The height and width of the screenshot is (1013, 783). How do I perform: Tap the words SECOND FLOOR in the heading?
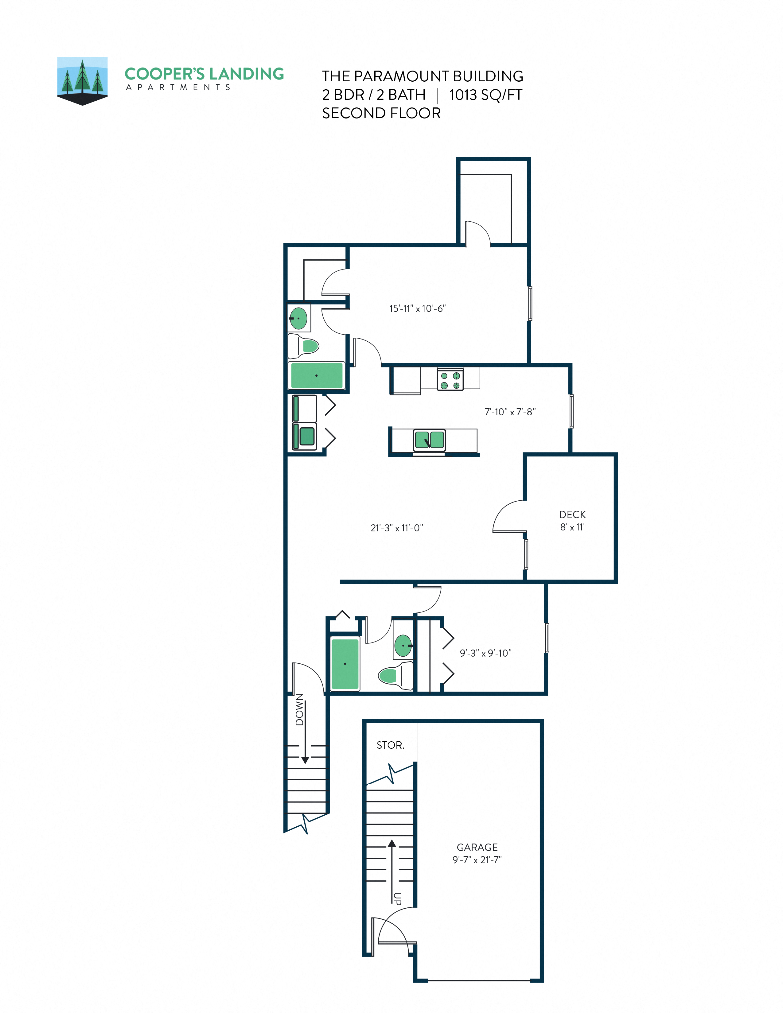tap(381, 113)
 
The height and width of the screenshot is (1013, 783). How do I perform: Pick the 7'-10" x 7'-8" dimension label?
tap(510, 412)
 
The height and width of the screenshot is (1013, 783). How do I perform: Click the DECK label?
tap(572, 514)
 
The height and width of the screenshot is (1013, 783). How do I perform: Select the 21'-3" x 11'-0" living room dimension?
tap(397, 528)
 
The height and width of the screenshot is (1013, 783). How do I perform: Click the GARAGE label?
tap(477, 848)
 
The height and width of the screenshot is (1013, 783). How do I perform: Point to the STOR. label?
tap(390, 745)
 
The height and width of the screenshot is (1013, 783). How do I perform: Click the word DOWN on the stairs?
tap(300, 710)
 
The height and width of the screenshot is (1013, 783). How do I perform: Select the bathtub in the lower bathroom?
tap(345, 663)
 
